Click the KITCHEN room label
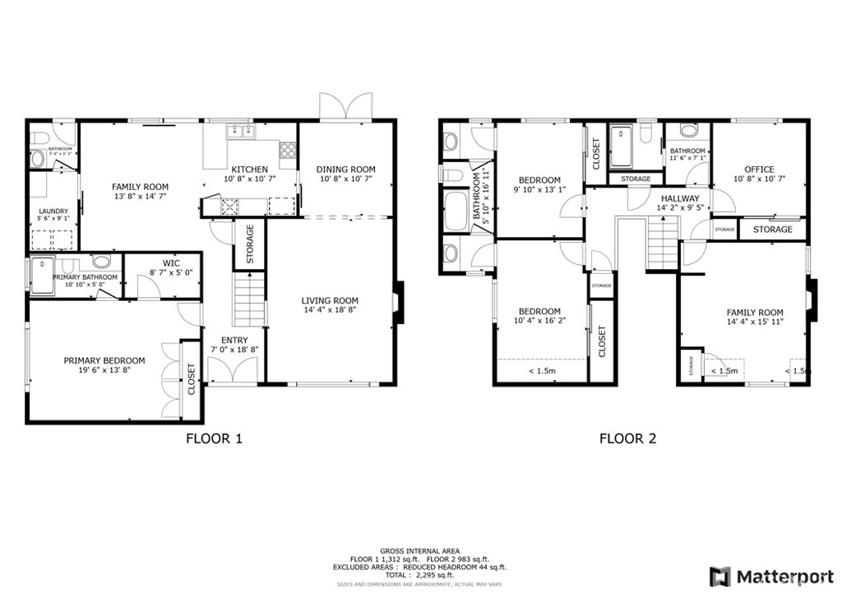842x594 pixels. pos(249,169)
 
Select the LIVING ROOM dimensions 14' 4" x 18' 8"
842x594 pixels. pos(330,311)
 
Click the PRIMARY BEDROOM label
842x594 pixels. pos(104,360)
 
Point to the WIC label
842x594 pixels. pos(171,263)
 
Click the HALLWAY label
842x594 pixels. pos(679,198)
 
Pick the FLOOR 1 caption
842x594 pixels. pos(215,439)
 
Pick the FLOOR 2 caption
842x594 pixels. pos(627,439)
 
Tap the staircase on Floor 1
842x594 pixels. pos(250,301)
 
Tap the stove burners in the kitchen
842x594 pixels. pos(288,151)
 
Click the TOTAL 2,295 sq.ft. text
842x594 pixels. pos(419,575)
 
